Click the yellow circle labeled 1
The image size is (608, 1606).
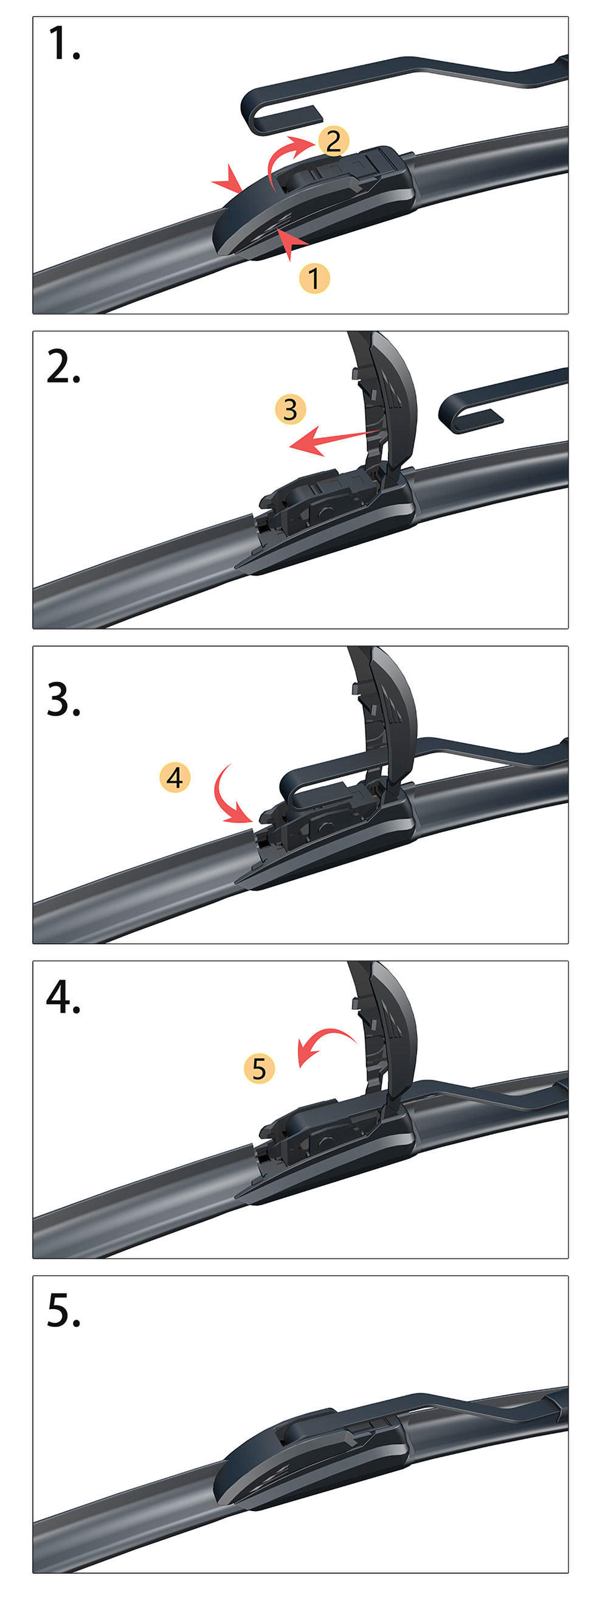[x=314, y=278]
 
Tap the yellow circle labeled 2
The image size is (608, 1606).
[x=334, y=142]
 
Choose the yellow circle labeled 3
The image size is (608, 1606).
[x=290, y=409]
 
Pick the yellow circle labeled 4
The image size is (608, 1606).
[x=175, y=777]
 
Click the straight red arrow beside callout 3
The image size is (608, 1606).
[x=334, y=440]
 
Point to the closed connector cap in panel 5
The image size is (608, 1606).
[x=311, y=1453]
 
